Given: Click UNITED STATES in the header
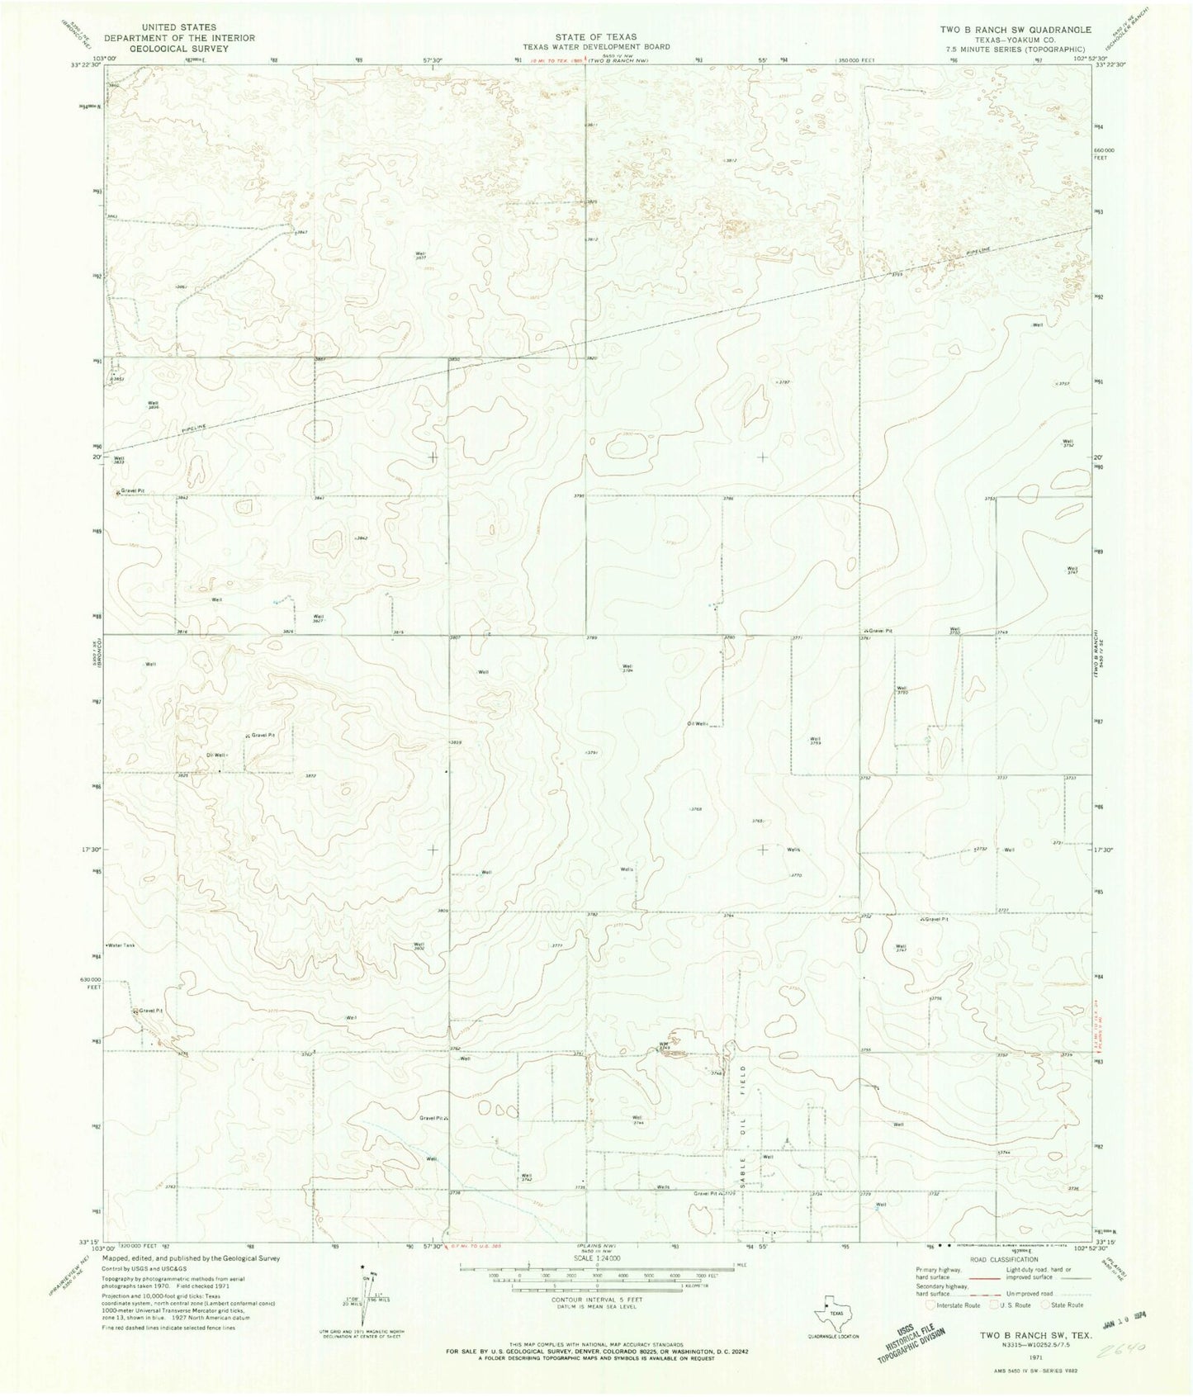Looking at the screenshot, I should (x=184, y=27).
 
